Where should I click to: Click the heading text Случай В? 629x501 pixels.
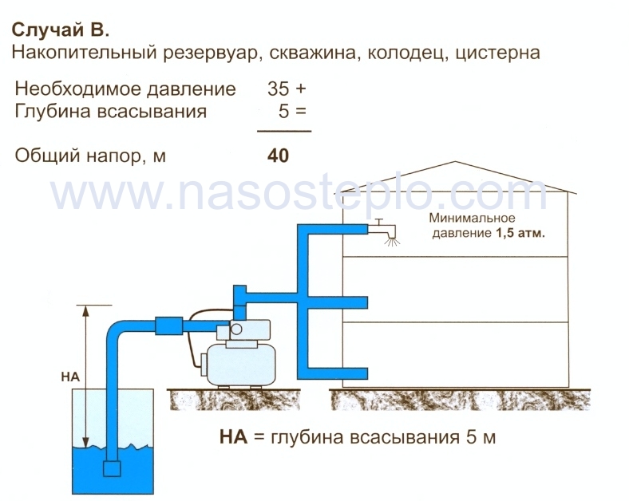[x=60, y=30]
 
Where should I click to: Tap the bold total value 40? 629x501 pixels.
[x=278, y=156]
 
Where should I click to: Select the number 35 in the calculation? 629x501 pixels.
[x=279, y=89]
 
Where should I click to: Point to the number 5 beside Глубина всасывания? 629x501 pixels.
[x=283, y=111]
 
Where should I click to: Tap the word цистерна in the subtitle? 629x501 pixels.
[x=497, y=53]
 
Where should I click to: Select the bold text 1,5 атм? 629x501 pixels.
[x=520, y=233]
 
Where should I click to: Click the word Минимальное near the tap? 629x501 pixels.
[x=472, y=218]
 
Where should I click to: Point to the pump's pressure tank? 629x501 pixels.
[x=240, y=365]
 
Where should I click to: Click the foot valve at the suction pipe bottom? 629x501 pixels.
[x=112, y=468]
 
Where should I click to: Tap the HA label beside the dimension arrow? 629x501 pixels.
[x=70, y=377]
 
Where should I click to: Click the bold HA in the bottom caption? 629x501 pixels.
[x=233, y=436]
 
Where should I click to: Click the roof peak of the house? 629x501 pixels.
[x=455, y=161]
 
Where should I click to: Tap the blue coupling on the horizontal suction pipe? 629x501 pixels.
[x=168, y=325]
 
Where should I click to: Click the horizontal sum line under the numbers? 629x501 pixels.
[x=284, y=131]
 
